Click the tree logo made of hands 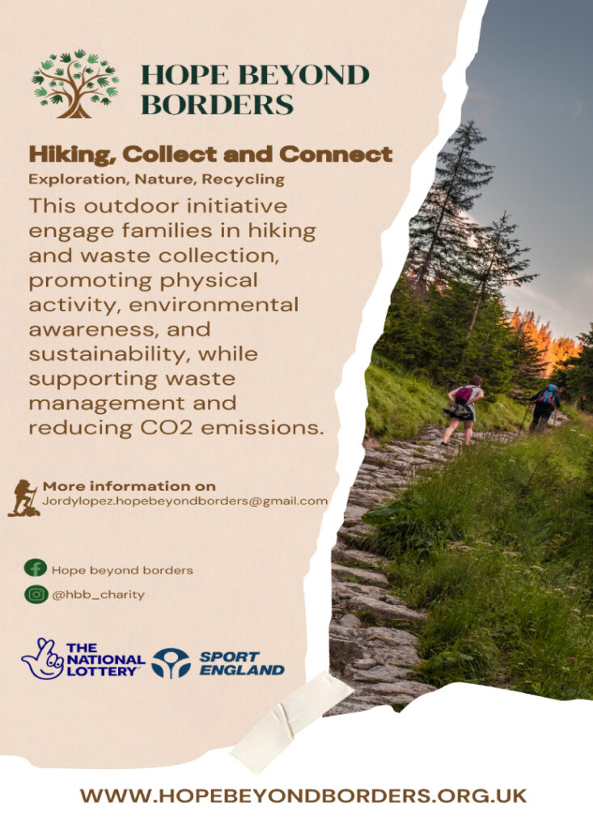pyautogui.click(x=75, y=83)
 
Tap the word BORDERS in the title pyautogui.click(x=218, y=104)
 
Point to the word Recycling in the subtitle pyautogui.click(x=244, y=180)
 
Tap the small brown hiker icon pyautogui.click(x=23, y=497)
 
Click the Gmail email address pyautogui.click(x=184, y=501)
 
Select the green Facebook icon pyautogui.click(x=36, y=568)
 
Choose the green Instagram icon pyautogui.click(x=36, y=594)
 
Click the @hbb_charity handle pyautogui.click(x=98, y=594)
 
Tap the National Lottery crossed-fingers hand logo pyautogui.click(x=42, y=658)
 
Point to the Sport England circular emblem pyautogui.click(x=171, y=663)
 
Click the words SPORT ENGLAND pyautogui.click(x=242, y=664)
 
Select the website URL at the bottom pyautogui.click(x=303, y=796)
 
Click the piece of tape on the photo pyautogui.click(x=292, y=720)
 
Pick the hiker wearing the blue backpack pyautogui.click(x=544, y=407)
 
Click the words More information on pyautogui.click(x=129, y=486)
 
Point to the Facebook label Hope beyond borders pyautogui.click(x=122, y=570)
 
